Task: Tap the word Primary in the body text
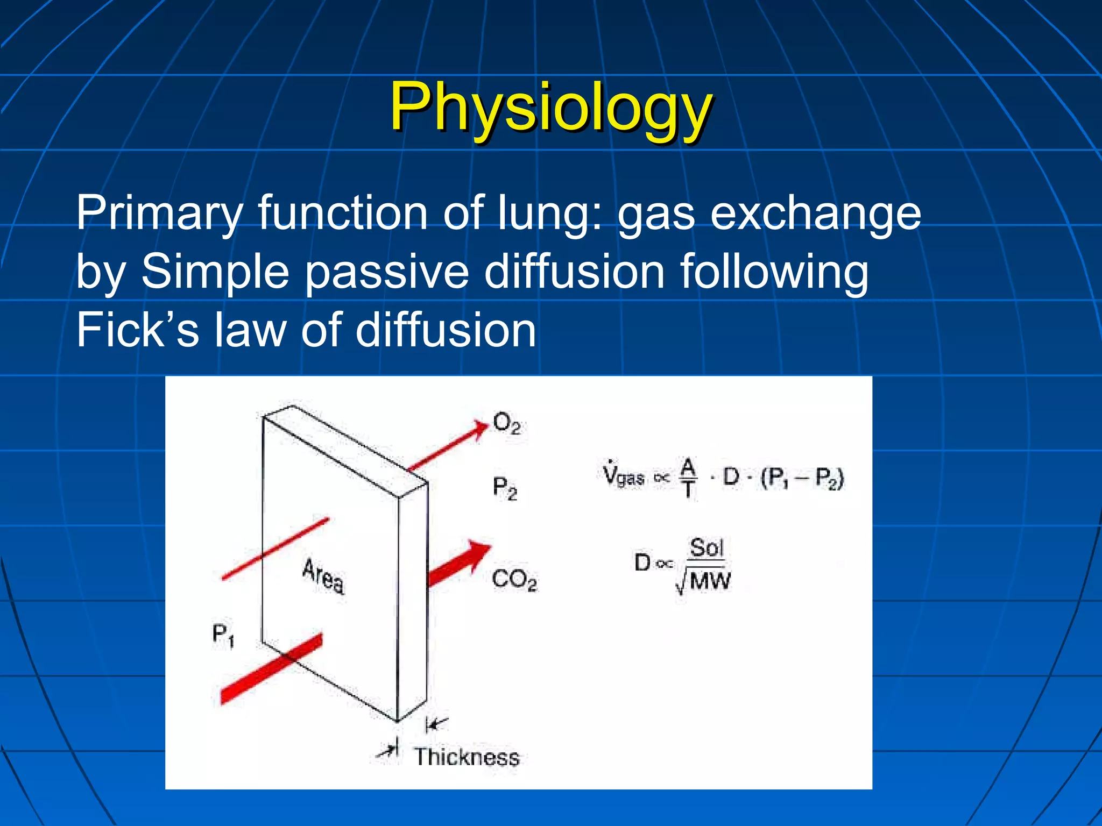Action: click(x=159, y=213)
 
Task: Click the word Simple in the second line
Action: click(x=215, y=272)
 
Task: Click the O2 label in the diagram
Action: click(x=506, y=424)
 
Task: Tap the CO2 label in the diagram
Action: click(x=514, y=580)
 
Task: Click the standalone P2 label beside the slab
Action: click(x=505, y=489)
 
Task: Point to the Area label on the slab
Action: click(x=323, y=576)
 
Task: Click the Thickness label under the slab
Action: click(x=467, y=757)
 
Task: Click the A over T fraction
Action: click(x=688, y=477)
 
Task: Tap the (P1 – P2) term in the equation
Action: click(x=802, y=478)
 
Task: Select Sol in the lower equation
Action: click(x=707, y=547)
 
